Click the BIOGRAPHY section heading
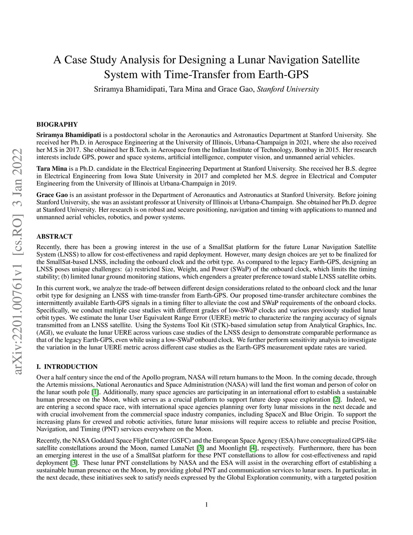point(57,124)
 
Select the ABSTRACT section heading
point(54,237)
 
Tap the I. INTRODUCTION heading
point(67,367)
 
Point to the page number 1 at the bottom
point(206,504)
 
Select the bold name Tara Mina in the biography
point(52,169)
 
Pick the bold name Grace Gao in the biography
point(52,195)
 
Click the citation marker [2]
point(336,400)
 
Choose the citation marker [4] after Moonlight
point(253,448)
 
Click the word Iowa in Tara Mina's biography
point(143,176)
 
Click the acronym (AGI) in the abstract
point(44,332)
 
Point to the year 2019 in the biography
point(229,183)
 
